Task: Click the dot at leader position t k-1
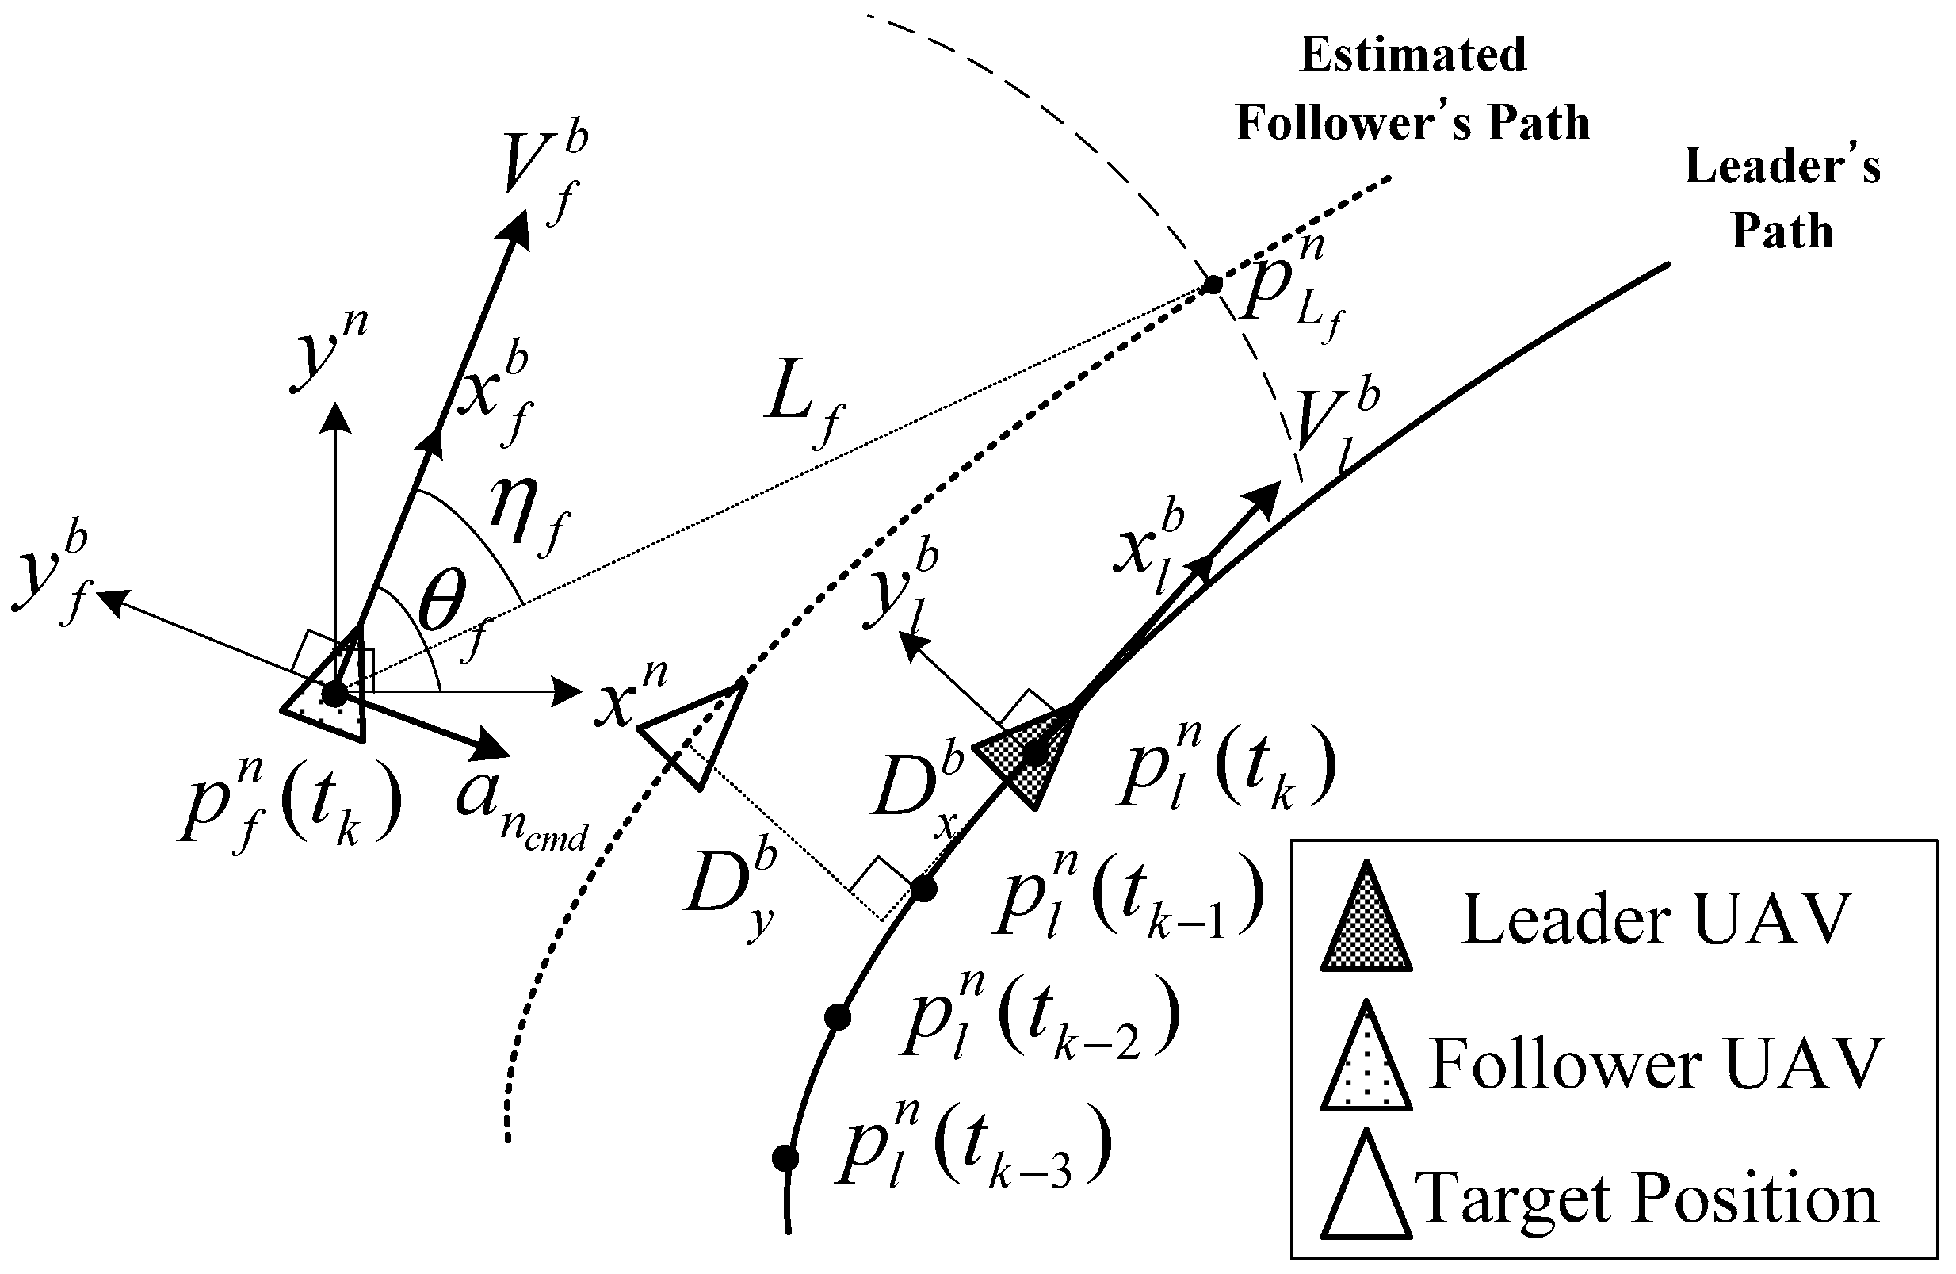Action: [924, 890]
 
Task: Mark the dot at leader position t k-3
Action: [785, 1158]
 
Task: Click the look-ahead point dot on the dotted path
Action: [1213, 285]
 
